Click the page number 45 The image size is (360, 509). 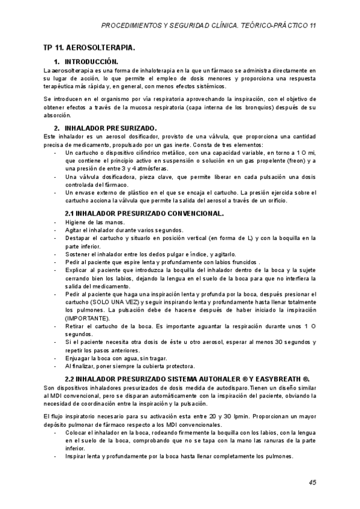point(312,482)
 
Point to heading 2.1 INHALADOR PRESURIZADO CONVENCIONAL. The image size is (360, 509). point(144,213)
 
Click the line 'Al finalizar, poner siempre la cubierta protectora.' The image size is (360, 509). point(130,366)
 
